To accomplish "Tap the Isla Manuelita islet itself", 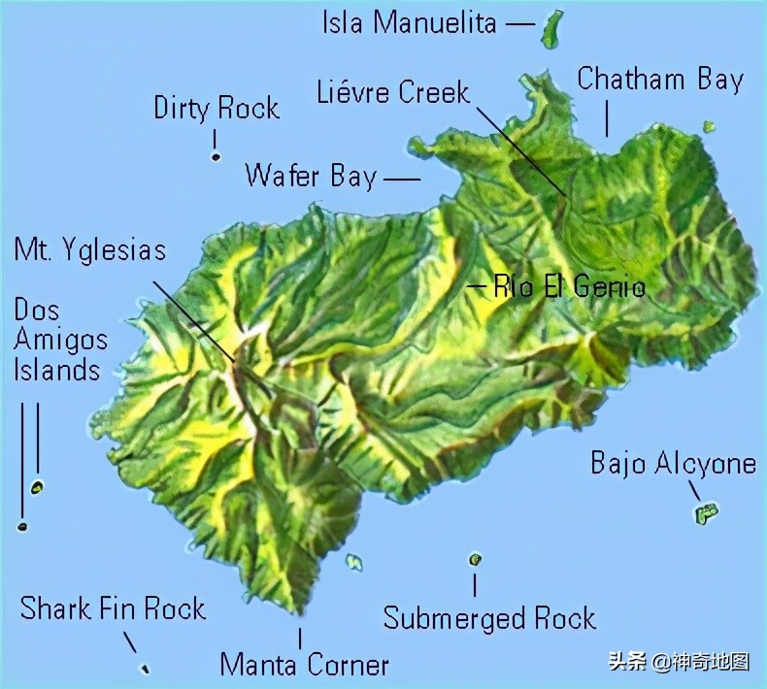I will pos(551,29).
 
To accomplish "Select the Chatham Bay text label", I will pos(660,80).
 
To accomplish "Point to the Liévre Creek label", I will pos(393,92).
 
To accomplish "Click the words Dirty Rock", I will pos(217,108).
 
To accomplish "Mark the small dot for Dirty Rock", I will pos(216,156).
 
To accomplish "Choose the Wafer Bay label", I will pos(310,176).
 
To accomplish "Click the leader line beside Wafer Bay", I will pos(402,179).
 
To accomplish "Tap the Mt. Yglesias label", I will pos(90,249).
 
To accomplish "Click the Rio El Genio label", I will pos(569,286).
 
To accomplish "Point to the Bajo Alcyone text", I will pos(673,463).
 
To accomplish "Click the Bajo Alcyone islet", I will pos(706,513).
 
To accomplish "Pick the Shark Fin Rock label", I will pos(113,608).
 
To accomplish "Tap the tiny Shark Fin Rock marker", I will pos(145,668).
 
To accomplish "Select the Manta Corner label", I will pos(304,665).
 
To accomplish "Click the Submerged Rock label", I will pos(489,618).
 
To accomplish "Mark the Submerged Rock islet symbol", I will pos(475,559).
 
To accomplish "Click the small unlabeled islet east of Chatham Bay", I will pos(710,126).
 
